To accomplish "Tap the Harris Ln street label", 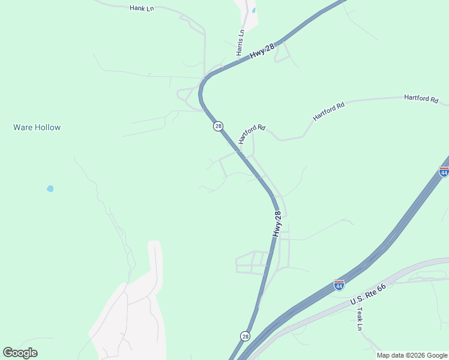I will click(241, 43).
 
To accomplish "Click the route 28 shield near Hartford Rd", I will click(218, 126).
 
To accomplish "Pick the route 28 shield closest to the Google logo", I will click(245, 336).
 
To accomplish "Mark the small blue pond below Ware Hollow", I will click(50, 188).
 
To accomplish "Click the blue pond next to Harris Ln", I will click(254, 10).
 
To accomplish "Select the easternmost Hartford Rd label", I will click(421, 98).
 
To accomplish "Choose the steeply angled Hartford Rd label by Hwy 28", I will click(251, 134).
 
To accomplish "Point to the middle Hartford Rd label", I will click(328, 112).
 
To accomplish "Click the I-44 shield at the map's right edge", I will click(444, 172).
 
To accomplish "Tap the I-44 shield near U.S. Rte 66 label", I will click(339, 285).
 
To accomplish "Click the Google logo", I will click(20, 353).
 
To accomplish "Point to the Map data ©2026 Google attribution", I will click(411, 355).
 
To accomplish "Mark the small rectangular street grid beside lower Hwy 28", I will click(253, 262).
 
